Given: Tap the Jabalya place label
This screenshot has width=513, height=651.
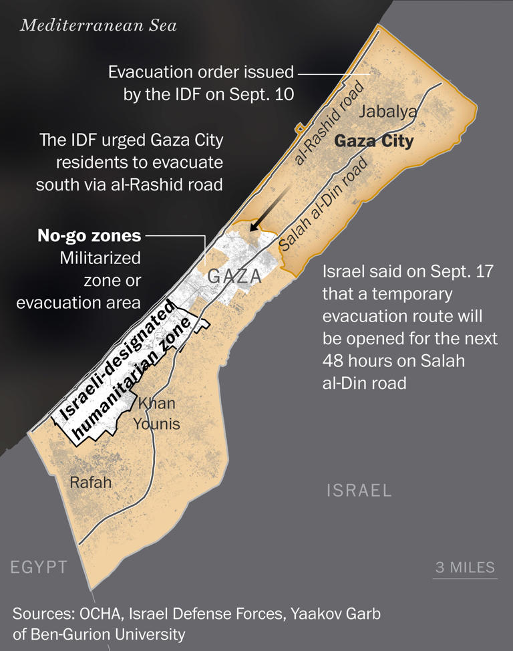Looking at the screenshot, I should coord(388,112).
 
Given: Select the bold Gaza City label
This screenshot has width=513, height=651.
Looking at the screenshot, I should coord(373,142).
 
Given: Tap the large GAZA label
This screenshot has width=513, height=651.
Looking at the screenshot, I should coord(234,276).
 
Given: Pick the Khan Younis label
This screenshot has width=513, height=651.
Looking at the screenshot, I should coord(156,414).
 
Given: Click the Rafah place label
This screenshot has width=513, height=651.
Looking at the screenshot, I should coord(91,482).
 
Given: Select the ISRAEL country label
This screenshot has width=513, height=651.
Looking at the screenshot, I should coord(359,491).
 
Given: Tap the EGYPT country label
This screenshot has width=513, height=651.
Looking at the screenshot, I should coord(39,567).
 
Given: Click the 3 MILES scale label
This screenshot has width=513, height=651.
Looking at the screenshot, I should coord(466,567).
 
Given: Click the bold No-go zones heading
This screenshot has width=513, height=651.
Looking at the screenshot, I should coord(90,235).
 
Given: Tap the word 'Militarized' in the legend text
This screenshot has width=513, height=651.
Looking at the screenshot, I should coord(100,257).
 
